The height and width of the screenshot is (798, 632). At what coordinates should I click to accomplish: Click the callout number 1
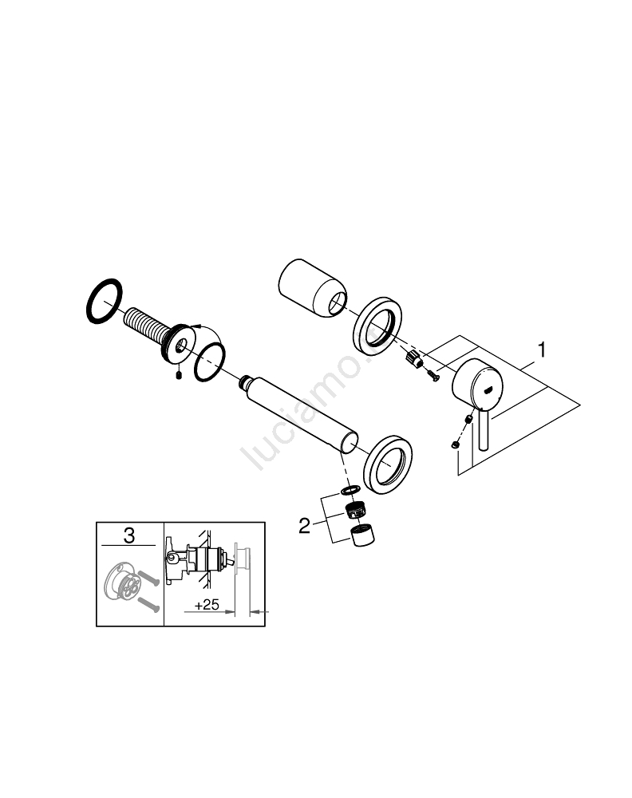[542, 350]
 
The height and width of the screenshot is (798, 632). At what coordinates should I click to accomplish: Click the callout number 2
[304, 526]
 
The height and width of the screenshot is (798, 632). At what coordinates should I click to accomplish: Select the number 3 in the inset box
[129, 535]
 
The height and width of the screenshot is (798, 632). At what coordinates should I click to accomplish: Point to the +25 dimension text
[207, 605]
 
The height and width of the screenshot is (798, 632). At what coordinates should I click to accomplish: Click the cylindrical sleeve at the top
[313, 289]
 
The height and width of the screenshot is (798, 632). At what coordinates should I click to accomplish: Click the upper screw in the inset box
[148, 579]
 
